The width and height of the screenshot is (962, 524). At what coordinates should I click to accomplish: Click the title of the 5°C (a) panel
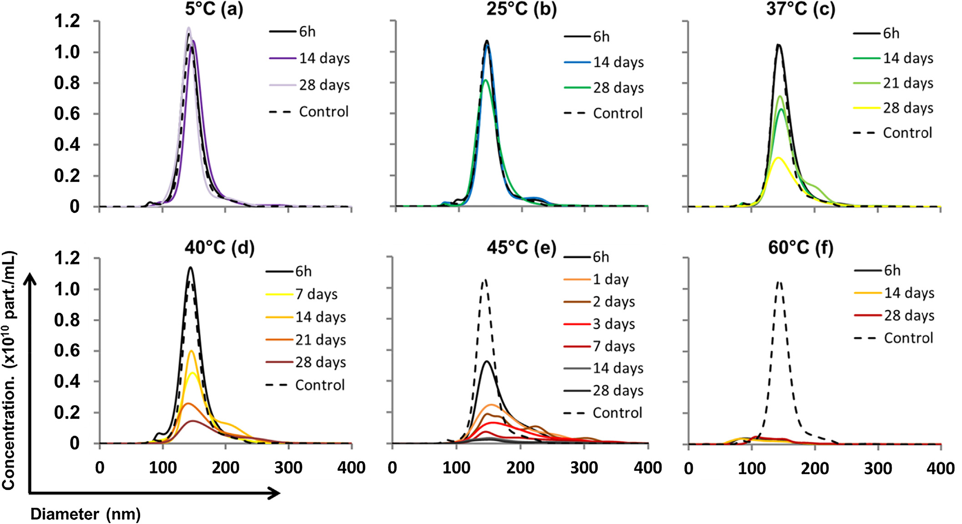tap(214, 9)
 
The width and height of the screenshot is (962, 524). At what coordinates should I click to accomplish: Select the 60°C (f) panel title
tap(801, 248)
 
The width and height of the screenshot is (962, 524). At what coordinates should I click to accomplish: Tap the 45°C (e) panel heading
tap(521, 248)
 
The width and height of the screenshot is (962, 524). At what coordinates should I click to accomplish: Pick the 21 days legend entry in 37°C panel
tap(908, 83)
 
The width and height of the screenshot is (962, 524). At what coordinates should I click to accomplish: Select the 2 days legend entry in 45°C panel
tap(614, 302)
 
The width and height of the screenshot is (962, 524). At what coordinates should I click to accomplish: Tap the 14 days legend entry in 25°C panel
tap(618, 62)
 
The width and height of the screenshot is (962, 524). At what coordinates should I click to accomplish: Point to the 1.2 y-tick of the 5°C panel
tap(67, 21)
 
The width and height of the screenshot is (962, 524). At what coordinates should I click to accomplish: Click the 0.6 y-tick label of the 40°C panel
tap(67, 351)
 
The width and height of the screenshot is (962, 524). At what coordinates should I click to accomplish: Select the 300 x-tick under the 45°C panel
tap(584, 468)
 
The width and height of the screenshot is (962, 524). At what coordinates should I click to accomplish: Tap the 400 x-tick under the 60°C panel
tap(940, 468)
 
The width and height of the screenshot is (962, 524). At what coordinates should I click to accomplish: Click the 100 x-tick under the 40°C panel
tap(162, 468)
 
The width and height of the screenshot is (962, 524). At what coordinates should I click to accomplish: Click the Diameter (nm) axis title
tap(85, 514)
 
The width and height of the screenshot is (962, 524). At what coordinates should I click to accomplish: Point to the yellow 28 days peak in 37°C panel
tap(778, 158)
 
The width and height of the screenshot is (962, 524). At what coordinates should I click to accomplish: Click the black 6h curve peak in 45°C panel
tap(487, 362)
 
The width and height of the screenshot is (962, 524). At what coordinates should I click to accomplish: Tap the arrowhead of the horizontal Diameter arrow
tap(275, 493)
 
